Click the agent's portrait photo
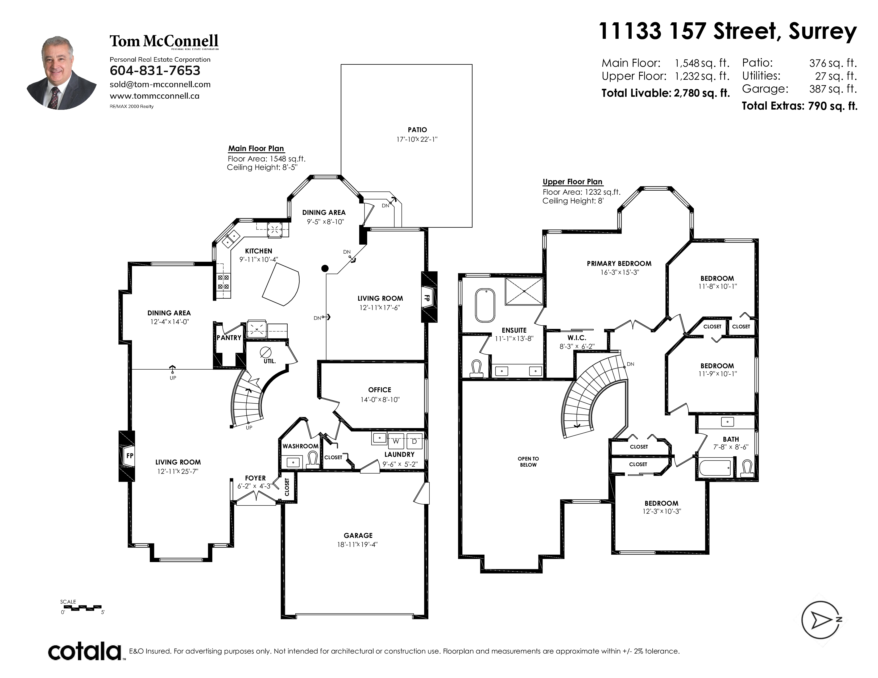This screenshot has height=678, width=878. coord(61,73)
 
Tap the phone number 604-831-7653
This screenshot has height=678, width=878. coord(155,71)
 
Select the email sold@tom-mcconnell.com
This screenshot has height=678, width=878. coord(160,84)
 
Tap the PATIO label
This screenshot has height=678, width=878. coord(417,130)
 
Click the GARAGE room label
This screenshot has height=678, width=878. coord(358,535)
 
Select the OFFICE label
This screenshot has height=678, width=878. coord(379,390)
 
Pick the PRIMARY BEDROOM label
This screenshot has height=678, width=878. coord(619,263)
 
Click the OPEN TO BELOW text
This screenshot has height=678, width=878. coord(528,462)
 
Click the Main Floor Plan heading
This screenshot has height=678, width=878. coord(256,149)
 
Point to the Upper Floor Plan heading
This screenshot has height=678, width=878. coord(573,182)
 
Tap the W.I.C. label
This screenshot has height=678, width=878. coord(577,338)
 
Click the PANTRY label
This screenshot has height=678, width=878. coord(229,338)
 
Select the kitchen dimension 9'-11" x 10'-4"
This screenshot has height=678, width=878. coord(259,260)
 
